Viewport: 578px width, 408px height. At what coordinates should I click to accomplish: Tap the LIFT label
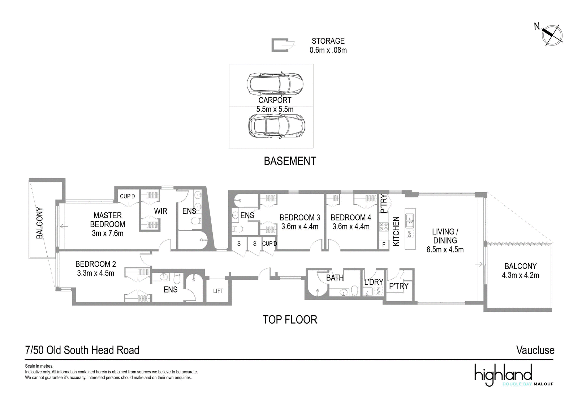tap(218, 291)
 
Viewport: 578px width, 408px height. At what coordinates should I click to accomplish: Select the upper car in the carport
tap(275, 84)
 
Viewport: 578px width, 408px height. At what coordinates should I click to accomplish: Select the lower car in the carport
tap(276, 126)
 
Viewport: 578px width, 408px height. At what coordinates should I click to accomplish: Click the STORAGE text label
tap(328, 41)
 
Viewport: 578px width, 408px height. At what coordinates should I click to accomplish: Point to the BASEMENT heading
tap(290, 161)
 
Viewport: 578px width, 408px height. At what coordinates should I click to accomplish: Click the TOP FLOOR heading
tap(290, 320)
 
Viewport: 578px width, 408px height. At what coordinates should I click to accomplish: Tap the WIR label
tap(160, 211)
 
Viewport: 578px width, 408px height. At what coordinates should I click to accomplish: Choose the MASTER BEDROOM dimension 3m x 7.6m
tap(108, 233)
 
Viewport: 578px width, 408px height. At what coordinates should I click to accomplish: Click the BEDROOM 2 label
tap(95, 264)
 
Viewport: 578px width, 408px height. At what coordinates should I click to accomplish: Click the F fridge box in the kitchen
tap(384, 244)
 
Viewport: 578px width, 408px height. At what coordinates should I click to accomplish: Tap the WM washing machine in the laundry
tap(379, 290)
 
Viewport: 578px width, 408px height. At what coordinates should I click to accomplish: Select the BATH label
tap(335, 277)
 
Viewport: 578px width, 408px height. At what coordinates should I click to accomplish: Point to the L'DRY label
tap(374, 282)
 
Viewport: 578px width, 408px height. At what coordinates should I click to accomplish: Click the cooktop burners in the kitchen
tap(384, 227)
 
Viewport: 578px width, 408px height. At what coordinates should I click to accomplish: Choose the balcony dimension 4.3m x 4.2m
tap(520, 275)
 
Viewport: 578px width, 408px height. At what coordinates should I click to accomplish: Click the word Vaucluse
tap(535, 350)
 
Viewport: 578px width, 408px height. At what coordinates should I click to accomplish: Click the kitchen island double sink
tap(410, 221)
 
